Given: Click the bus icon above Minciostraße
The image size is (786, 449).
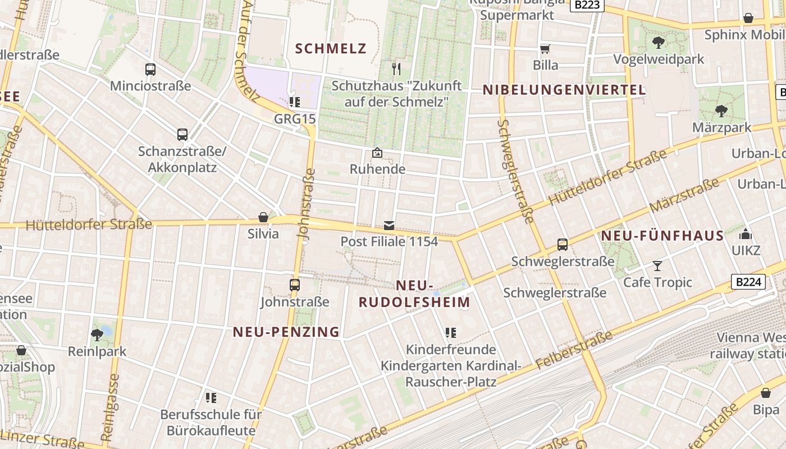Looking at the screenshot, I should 150,70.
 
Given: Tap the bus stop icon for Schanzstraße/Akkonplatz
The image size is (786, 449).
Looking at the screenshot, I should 182,135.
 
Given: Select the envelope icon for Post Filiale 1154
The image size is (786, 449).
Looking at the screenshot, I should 389,226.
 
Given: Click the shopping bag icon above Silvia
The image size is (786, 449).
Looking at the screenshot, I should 263,217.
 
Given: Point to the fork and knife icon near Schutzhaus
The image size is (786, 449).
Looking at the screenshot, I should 396,69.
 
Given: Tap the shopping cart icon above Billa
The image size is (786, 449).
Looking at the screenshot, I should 545,49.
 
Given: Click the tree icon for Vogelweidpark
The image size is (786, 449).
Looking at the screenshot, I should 658,42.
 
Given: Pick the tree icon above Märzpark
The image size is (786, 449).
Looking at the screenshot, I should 721,111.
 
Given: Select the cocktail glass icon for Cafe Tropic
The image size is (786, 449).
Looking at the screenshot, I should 657,265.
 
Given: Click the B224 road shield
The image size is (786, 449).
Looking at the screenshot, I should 748,281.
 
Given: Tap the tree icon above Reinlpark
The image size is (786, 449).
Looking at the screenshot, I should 97,335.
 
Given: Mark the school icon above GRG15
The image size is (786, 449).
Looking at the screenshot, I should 294,102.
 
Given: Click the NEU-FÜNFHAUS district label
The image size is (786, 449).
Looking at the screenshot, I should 663,236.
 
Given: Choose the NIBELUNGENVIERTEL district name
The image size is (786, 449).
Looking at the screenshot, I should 564,90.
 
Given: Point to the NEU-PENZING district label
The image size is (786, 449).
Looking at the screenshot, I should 286,332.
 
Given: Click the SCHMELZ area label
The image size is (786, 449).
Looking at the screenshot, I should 331,48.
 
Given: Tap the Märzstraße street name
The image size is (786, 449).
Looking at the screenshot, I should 684,195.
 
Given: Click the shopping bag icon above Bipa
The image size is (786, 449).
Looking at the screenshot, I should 765,393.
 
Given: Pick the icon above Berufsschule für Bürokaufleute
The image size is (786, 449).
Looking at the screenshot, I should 211,398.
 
